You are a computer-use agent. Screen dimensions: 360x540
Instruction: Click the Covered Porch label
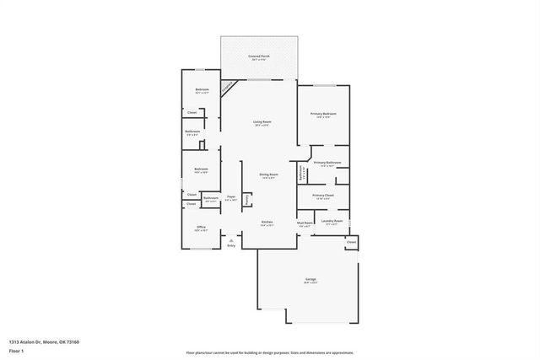coord(258,56)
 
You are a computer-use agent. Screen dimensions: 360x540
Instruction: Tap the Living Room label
coord(262,123)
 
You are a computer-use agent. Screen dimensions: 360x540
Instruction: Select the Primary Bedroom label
coord(323,114)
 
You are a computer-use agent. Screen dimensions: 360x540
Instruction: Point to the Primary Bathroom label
coord(327,162)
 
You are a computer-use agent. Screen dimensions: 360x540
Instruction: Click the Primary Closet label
coord(323,196)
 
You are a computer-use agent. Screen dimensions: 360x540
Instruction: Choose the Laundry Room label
coord(332,221)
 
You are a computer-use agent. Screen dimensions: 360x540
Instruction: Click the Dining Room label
coord(269,175)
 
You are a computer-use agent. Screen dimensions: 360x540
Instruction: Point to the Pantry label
coord(246,200)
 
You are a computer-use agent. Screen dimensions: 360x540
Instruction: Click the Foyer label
coord(230,196)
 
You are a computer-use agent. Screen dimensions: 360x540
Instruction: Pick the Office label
coord(202,226)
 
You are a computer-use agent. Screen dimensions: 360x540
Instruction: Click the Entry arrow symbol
coord(231,240)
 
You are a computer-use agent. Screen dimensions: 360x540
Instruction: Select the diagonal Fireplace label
coord(227,87)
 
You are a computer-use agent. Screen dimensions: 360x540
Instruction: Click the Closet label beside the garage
coord(352,242)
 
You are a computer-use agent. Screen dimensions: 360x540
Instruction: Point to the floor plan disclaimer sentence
coord(270,353)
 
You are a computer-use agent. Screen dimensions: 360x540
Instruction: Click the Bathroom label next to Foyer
coord(210,199)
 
